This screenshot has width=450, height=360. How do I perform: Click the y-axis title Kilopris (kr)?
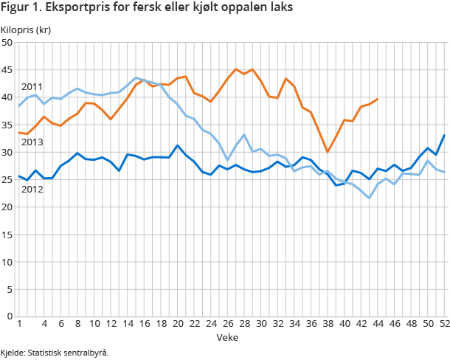25,30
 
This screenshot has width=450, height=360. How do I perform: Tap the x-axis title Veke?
226,336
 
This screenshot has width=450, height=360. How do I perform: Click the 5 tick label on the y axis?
10,288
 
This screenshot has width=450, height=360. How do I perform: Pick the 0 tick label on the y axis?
10,316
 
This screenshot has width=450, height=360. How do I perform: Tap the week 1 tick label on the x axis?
18,324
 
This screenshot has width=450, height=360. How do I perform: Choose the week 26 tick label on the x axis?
227,324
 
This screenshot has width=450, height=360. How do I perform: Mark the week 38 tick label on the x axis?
328,324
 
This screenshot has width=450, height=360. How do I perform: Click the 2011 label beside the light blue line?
31,86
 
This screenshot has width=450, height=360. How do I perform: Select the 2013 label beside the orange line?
31,142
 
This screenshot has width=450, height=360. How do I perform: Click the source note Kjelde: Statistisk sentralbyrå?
55,352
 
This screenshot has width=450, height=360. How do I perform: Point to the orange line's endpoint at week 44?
378,99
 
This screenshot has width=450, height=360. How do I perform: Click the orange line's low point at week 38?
328,151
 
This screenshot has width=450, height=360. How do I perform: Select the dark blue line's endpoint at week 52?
444,135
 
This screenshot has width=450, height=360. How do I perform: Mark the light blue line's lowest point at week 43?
370,198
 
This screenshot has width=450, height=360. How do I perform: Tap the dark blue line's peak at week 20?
177,145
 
